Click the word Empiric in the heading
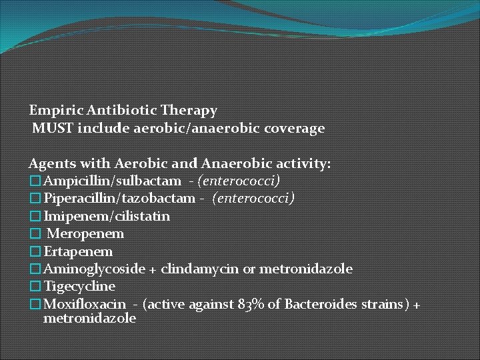51,110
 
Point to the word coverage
298,128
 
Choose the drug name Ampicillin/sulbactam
111,181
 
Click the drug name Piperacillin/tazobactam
119,199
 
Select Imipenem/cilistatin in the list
106,216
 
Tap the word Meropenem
85,234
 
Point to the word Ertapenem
77,251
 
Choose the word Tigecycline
79,287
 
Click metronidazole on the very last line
89,318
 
